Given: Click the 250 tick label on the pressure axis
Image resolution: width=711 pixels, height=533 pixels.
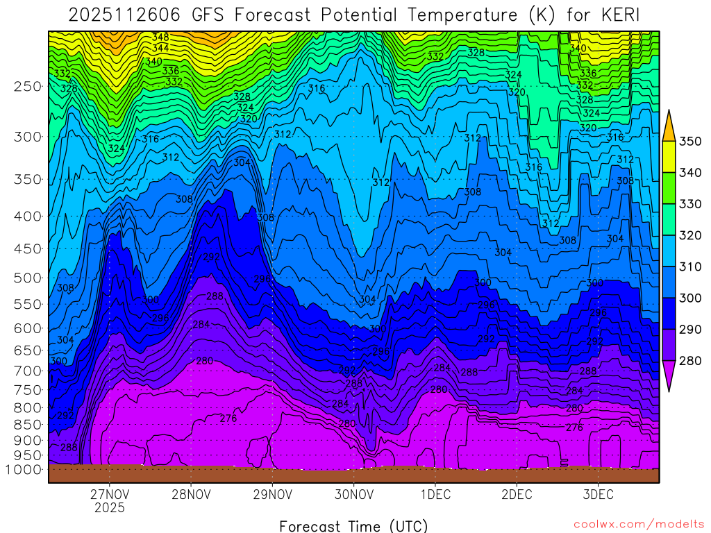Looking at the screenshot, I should [x=27, y=87].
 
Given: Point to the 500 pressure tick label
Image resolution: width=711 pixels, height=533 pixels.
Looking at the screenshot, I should [x=27, y=278].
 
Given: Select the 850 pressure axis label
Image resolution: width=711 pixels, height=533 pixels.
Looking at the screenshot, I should [x=27, y=423].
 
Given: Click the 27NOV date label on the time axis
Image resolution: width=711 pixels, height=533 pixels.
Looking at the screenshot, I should [x=110, y=495].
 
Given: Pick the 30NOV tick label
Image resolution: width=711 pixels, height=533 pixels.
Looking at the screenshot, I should [x=354, y=495].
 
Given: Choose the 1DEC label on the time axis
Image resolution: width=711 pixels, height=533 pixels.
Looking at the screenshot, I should [x=435, y=495].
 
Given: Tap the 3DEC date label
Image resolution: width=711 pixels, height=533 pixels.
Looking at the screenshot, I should [x=598, y=495].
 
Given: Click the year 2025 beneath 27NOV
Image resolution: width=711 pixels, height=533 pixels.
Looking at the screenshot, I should [x=110, y=508].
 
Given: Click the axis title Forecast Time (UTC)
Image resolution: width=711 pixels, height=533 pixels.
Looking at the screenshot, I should [x=353, y=525].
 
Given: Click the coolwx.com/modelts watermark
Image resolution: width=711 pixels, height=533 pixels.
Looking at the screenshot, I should [x=638, y=525].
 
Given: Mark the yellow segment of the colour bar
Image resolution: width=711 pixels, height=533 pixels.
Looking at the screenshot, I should [x=669, y=157].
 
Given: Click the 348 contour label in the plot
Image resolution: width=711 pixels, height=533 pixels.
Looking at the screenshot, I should [x=160, y=37].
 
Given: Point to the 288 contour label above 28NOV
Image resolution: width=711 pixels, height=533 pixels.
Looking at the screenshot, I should [x=215, y=296].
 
